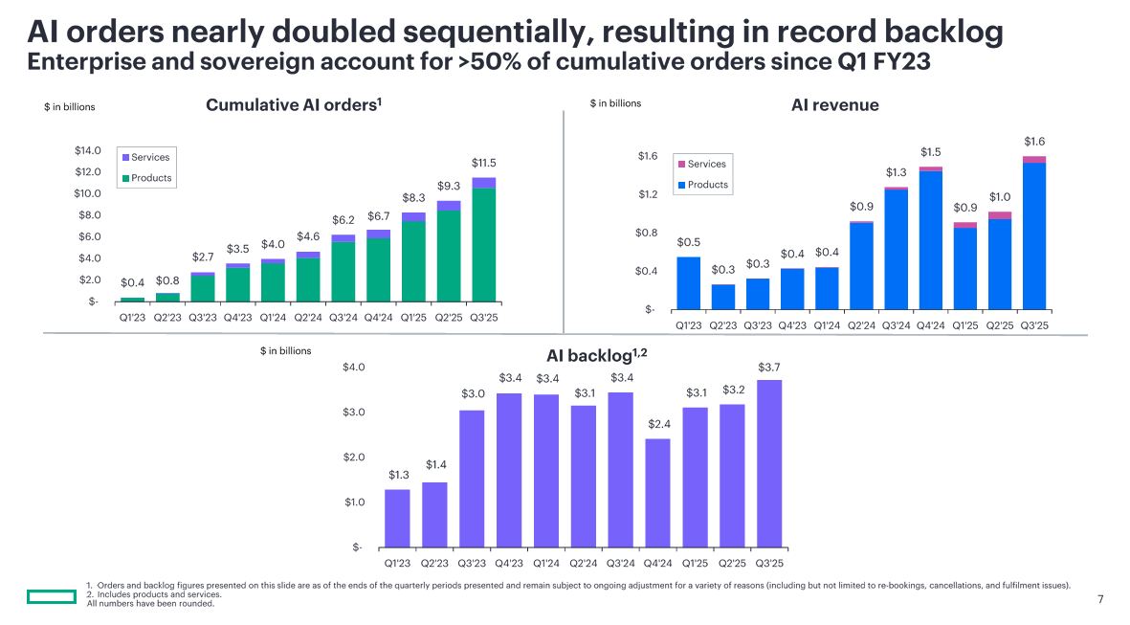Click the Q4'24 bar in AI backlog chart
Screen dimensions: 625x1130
(x=657, y=493)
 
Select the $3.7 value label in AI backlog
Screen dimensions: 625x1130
(x=769, y=368)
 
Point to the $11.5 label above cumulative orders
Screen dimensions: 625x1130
(x=484, y=164)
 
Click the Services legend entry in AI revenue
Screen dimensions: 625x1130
(x=706, y=164)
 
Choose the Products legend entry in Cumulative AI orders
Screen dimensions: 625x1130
(x=150, y=178)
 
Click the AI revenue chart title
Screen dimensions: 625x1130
(x=834, y=105)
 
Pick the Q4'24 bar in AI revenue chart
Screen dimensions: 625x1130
(x=930, y=239)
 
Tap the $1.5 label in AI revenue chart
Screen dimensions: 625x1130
(x=930, y=152)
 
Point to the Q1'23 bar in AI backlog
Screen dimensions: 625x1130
(x=397, y=518)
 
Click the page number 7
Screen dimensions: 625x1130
(x=1100, y=599)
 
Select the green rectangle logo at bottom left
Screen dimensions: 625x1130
(x=51, y=598)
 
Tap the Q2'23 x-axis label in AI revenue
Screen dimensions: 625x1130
(x=723, y=325)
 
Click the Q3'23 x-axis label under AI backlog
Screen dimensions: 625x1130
(x=472, y=564)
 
